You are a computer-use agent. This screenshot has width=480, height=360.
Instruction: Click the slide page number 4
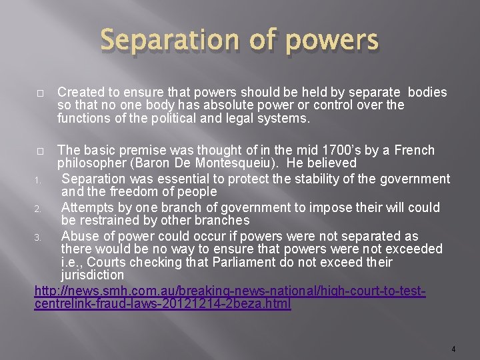coord(453,349)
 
